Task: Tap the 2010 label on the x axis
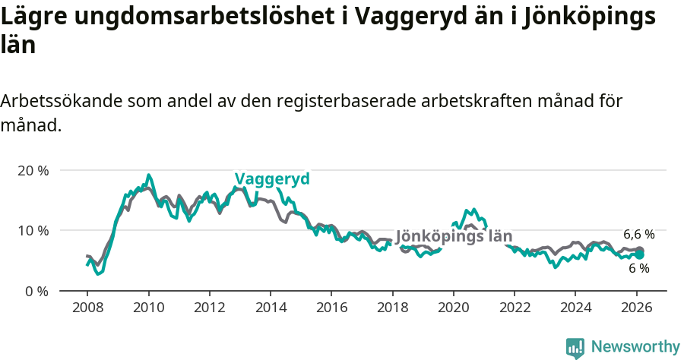148,308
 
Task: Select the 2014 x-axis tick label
270,308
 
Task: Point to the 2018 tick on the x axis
392,308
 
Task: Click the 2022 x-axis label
514,308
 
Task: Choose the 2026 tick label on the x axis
636,308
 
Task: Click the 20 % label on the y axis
33,170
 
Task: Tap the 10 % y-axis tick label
33,230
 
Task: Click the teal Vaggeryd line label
272,178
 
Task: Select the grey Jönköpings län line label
454,236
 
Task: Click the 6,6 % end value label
638,235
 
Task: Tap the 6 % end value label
638,268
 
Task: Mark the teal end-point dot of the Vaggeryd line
640,255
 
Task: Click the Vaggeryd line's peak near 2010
148,175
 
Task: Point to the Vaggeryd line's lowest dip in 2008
97,273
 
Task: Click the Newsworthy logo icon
575,348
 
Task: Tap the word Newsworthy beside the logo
635,347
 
